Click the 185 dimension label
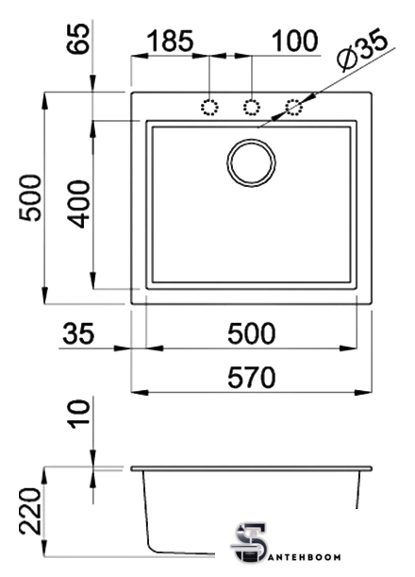click(170, 41)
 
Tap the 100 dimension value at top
click(294, 41)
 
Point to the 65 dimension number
click(78, 39)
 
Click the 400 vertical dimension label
click(78, 204)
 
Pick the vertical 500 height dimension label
click(30, 197)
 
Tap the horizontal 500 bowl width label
click(252, 333)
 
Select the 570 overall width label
click(252, 378)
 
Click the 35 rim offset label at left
click(78, 333)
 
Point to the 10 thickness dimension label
click(78, 414)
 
